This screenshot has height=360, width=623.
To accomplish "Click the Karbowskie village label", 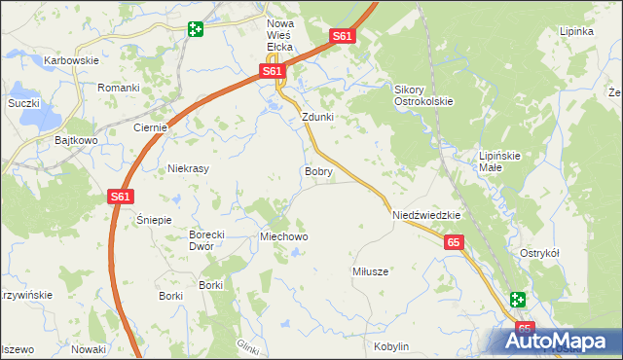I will pyautogui.click(x=72, y=60).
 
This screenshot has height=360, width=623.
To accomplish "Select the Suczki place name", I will pyautogui.click(x=22, y=102).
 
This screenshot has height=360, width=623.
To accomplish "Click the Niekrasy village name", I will pyautogui.click(x=189, y=167).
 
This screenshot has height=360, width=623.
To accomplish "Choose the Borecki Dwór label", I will pyautogui.click(x=207, y=240).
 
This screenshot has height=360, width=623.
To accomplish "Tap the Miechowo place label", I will pyautogui.click(x=283, y=236).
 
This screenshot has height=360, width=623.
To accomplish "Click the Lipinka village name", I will pyautogui.click(x=576, y=31).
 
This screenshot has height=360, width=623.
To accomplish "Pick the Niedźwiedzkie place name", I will pyautogui.click(x=425, y=215).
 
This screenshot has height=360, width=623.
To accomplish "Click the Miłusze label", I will pyautogui.click(x=371, y=271).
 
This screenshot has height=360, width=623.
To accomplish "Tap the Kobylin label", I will pyautogui.click(x=390, y=346).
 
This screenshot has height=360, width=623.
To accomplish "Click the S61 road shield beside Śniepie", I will pyautogui.click(x=120, y=198).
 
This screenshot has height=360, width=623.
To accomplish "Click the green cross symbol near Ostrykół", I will pyautogui.click(x=517, y=301).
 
